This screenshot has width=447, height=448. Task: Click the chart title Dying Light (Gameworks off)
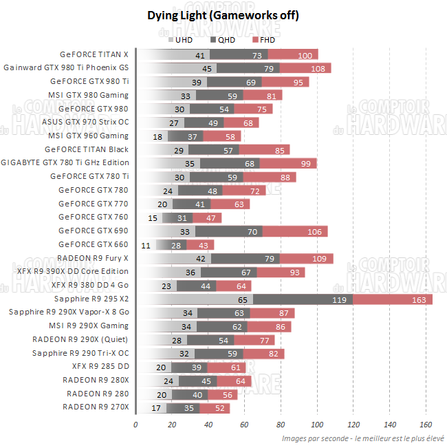click(x=223, y=14)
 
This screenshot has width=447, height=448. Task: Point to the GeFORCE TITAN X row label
click(x=94, y=54)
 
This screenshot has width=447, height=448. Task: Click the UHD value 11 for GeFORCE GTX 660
click(x=146, y=245)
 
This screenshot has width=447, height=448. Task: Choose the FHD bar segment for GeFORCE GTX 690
click(x=295, y=231)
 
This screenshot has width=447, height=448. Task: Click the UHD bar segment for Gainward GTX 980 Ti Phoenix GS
click(x=177, y=68)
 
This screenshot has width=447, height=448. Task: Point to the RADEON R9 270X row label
click(x=96, y=407)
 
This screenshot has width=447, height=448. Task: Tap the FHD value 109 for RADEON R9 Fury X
click(x=319, y=259)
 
